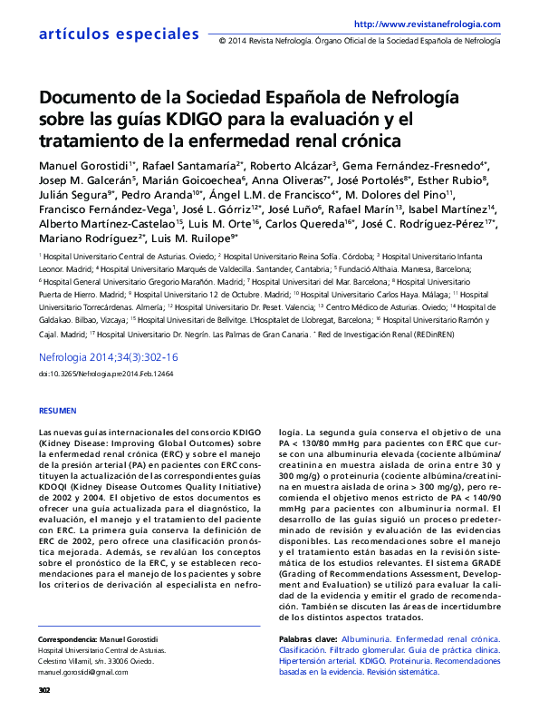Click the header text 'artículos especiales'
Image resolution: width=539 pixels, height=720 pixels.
point(106,34)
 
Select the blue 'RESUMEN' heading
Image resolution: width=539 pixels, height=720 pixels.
point(58,411)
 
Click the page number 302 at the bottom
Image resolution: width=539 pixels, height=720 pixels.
point(44,691)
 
